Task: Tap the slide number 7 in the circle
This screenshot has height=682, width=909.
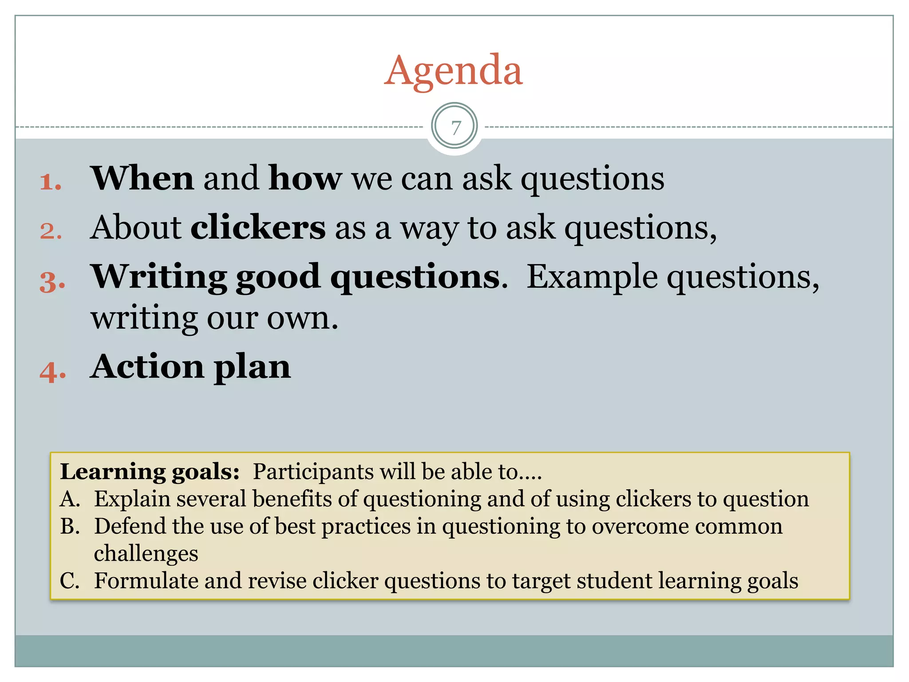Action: [455, 127]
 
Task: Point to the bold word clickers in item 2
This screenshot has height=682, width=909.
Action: [258, 227]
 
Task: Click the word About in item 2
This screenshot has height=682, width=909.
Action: [136, 227]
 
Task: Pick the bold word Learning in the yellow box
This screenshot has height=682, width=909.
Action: [113, 472]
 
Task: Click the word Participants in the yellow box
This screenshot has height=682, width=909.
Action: [313, 472]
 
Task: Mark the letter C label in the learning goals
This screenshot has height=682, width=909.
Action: [69, 581]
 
